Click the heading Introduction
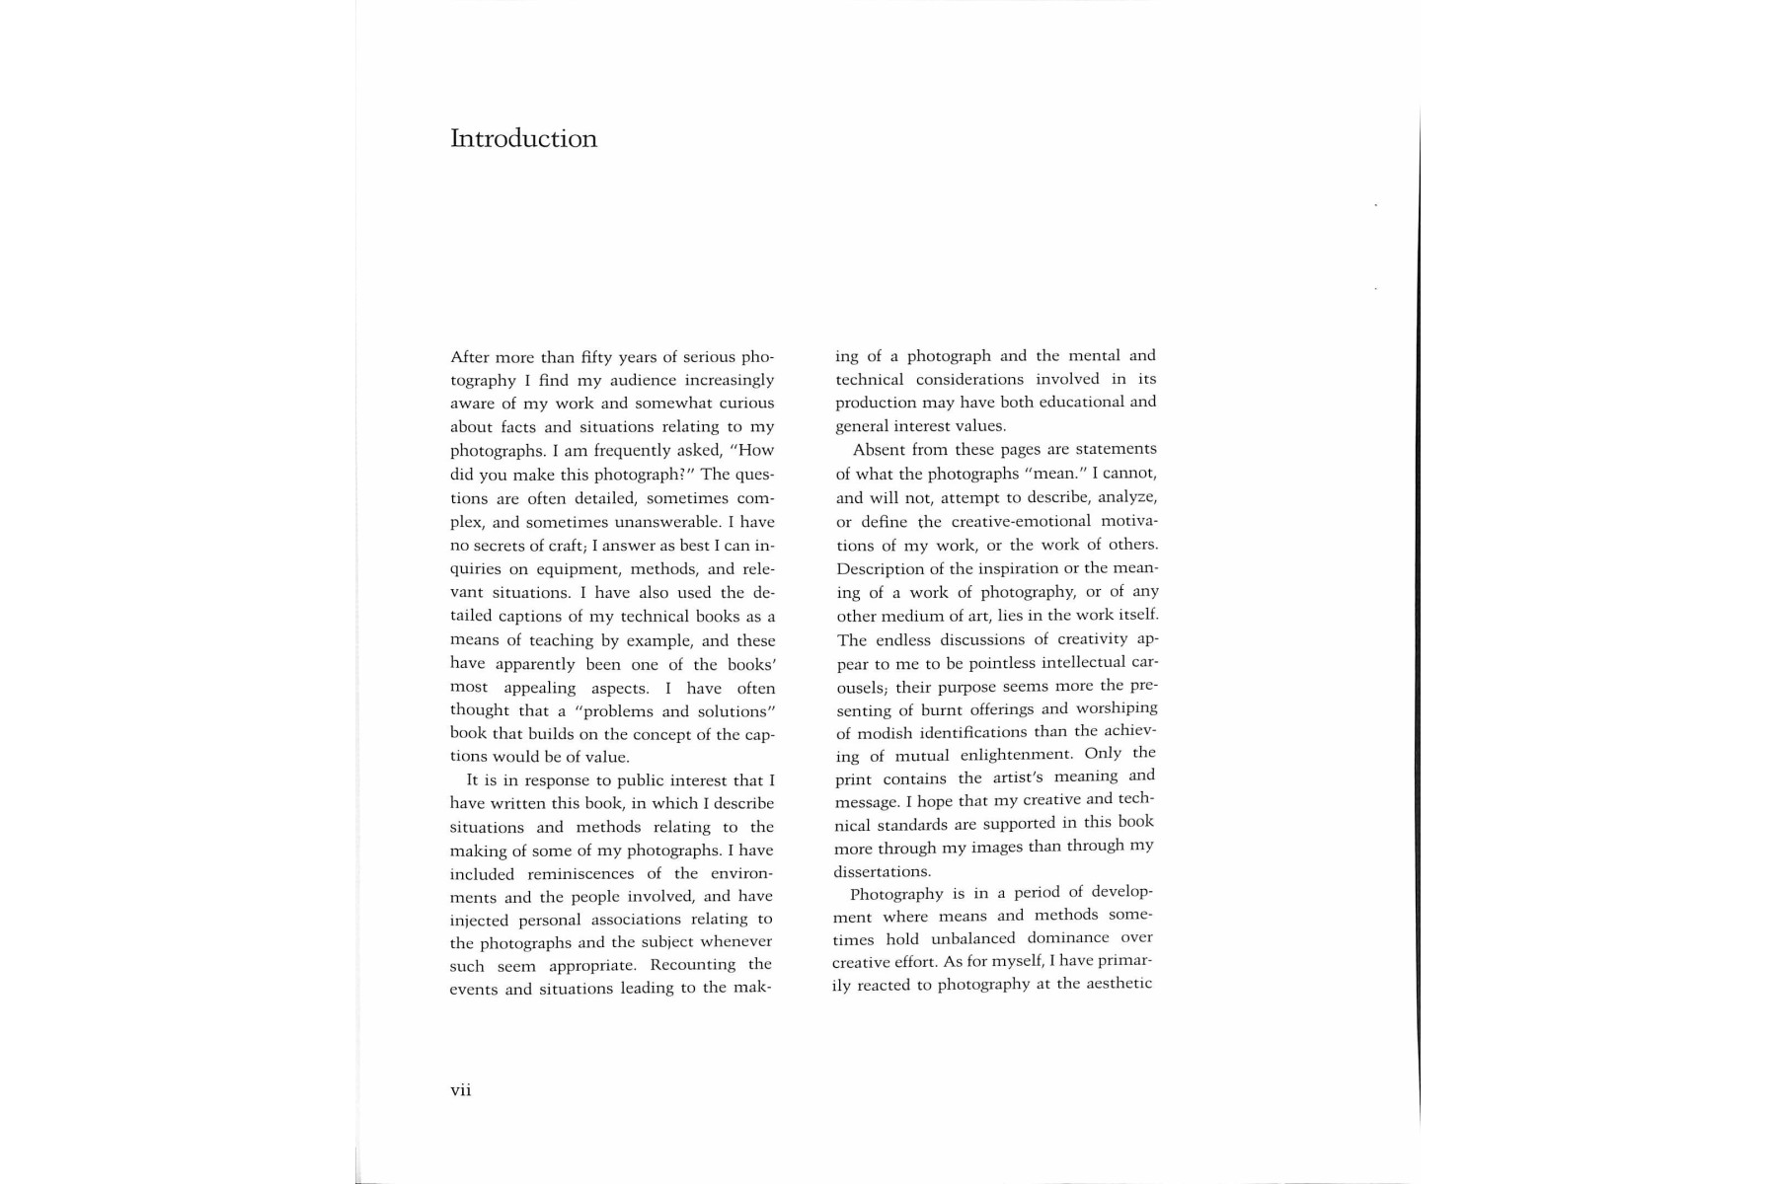(523, 138)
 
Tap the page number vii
(461, 1090)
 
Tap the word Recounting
(693, 964)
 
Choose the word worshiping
(1117, 708)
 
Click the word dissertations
(882, 871)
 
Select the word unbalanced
(973, 938)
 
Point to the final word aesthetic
(1118, 984)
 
